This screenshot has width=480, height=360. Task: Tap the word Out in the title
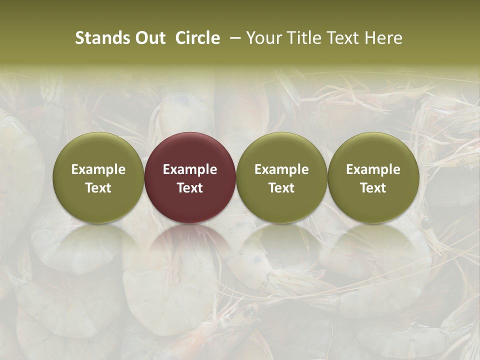tap(148, 38)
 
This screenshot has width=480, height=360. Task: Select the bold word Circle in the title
tap(197, 38)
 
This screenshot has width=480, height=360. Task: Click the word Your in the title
tap(262, 38)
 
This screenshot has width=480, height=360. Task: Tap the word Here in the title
tap(384, 38)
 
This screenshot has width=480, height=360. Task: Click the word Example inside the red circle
tap(190, 169)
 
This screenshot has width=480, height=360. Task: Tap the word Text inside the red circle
tap(190, 188)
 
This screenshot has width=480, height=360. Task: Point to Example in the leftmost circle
tap(98, 169)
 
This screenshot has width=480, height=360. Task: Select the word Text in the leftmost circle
tap(98, 188)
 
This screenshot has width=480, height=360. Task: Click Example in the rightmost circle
tap(373, 169)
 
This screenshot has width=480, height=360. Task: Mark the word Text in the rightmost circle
tap(373, 188)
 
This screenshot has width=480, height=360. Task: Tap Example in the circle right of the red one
tap(281, 169)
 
